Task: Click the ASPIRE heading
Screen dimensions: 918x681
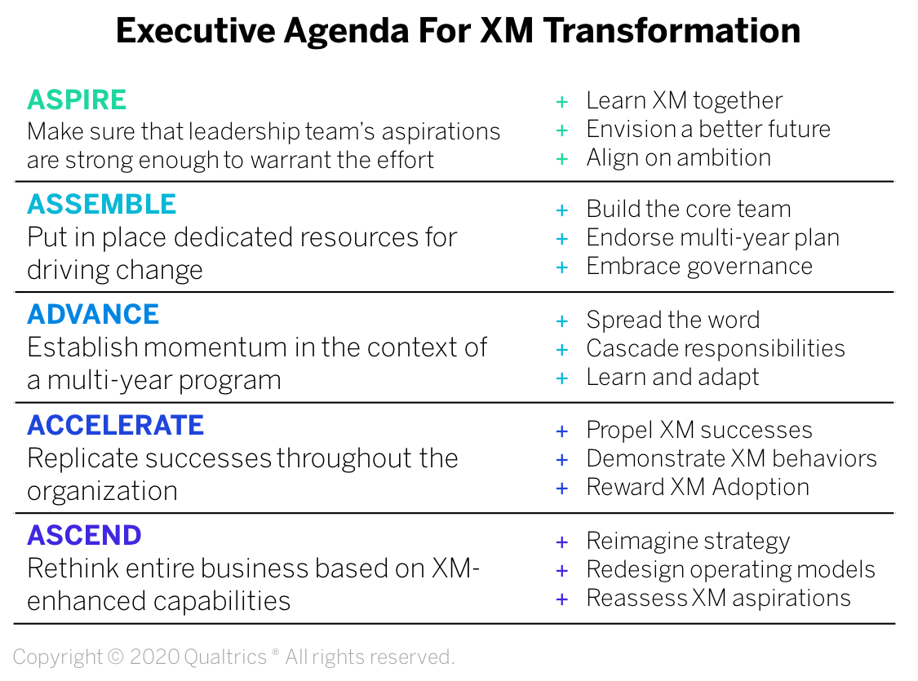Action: click(77, 100)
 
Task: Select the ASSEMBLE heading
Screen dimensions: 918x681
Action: click(102, 204)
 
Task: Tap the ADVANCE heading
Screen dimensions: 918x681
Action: click(93, 314)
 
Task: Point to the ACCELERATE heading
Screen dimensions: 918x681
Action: click(115, 425)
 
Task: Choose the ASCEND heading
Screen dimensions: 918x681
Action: click(84, 535)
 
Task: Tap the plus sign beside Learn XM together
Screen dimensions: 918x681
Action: click(562, 102)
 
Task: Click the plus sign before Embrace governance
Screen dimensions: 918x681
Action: click(562, 268)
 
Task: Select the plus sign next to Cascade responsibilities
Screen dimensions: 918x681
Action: click(562, 350)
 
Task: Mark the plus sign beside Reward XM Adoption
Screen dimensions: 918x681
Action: click(562, 489)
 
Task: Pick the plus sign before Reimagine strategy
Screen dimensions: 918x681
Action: click(562, 542)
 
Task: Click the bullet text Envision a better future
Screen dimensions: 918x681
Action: click(708, 129)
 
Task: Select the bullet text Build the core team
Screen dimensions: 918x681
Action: click(689, 209)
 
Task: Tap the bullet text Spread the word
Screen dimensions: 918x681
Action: click(673, 320)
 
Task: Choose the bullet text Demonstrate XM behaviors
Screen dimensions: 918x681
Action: click(732, 458)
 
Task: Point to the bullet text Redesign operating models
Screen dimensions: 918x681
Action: click(730, 570)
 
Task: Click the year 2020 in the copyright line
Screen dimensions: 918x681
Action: click(153, 657)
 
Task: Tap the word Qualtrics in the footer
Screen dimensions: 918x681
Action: click(225, 657)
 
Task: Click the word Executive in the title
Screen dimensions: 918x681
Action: click(196, 30)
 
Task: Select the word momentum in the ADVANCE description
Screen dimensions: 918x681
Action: click(216, 347)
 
